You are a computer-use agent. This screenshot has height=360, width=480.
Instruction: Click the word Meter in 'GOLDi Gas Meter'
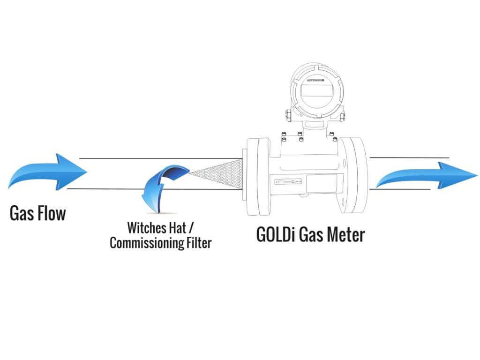click(344, 234)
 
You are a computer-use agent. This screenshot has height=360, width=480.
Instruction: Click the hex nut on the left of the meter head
click(286, 114)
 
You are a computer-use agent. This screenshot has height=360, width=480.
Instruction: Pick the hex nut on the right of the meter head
click(342, 115)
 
